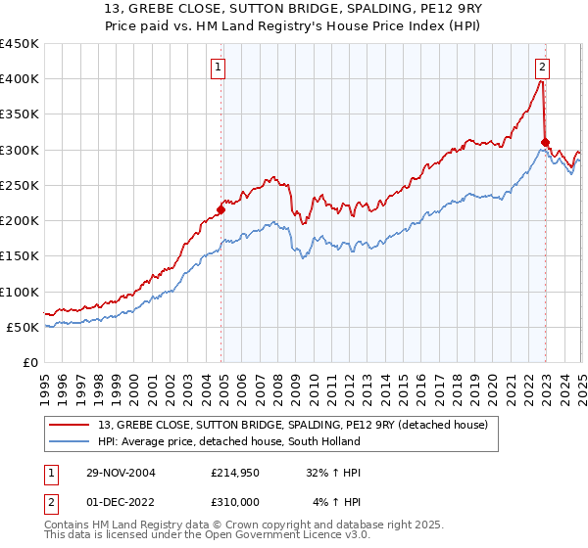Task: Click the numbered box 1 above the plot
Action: click(x=218, y=68)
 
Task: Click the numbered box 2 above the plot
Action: click(x=542, y=68)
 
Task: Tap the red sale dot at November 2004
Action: click(x=221, y=209)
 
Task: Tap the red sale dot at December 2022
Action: click(x=545, y=142)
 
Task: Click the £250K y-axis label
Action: click(x=20, y=185)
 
